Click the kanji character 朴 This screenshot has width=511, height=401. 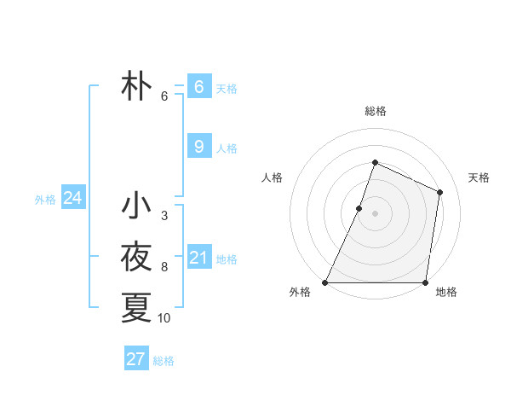point(136,87)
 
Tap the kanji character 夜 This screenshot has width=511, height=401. point(136,257)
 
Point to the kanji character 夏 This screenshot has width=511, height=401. point(136,307)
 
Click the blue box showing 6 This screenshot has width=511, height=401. point(199,87)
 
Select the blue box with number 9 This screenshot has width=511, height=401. point(199,147)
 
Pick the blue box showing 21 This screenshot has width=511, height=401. point(199,257)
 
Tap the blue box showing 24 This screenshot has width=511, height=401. point(72,199)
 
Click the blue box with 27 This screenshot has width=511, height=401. point(136,359)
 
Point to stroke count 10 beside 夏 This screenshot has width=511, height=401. point(164,318)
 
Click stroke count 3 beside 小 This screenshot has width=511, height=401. point(164,216)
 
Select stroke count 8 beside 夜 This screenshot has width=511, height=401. point(164,267)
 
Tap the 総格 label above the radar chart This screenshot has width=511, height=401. point(375,111)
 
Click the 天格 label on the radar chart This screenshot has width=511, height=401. point(479,177)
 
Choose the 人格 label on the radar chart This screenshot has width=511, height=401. point(271,177)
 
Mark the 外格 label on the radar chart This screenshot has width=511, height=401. point(300,293)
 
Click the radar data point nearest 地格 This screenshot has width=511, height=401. point(424,282)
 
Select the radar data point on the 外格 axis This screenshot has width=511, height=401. point(325,282)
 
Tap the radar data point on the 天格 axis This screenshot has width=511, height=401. point(440,192)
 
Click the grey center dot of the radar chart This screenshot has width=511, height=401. point(375,213)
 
